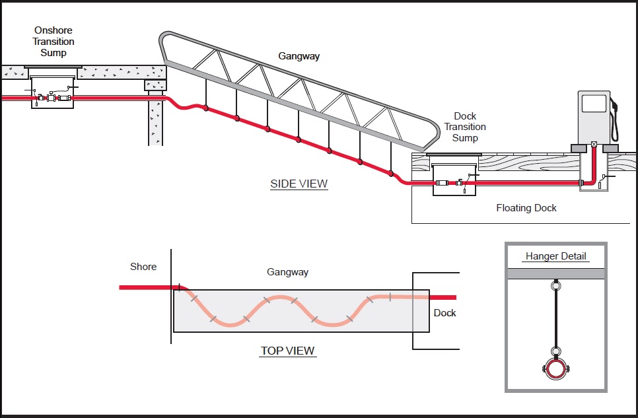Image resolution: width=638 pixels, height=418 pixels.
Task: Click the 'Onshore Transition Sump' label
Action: [53, 42]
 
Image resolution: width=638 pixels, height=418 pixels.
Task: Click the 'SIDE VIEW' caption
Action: [299, 184]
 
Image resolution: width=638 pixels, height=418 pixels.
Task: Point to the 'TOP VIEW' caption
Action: [288, 351]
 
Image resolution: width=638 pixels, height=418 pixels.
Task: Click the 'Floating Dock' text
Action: [526, 208]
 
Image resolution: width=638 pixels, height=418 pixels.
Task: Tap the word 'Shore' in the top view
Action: [143, 267]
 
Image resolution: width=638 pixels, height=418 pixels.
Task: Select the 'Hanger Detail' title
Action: [555, 256]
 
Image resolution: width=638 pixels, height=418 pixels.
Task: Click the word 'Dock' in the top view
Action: [444, 312]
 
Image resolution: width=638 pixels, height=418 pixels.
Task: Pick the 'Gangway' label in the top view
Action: [287, 272]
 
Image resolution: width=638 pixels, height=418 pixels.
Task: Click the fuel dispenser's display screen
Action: [594, 104]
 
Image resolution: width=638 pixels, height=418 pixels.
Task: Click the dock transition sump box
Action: [454, 179]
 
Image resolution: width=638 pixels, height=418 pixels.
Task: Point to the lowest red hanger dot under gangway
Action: [390, 174]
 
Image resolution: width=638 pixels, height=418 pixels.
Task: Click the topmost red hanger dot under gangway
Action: [206, 108]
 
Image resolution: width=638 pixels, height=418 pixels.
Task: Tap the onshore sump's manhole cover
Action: [53, 67]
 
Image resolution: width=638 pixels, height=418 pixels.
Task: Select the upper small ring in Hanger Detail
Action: [555, 286]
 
